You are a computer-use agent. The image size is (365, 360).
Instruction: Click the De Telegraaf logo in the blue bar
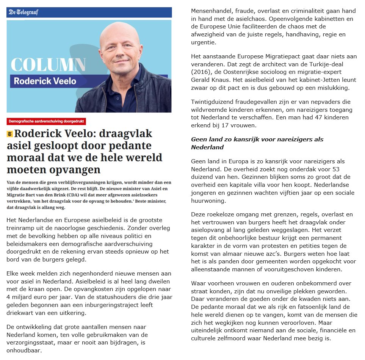[23, 12]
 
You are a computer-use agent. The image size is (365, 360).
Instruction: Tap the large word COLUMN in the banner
[48, 65]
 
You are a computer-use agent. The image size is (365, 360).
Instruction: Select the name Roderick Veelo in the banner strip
[45, 81]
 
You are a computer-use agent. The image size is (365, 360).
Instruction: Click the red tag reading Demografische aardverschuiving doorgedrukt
[46, 122]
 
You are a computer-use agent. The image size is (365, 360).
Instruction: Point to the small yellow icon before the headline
[9, 134]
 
